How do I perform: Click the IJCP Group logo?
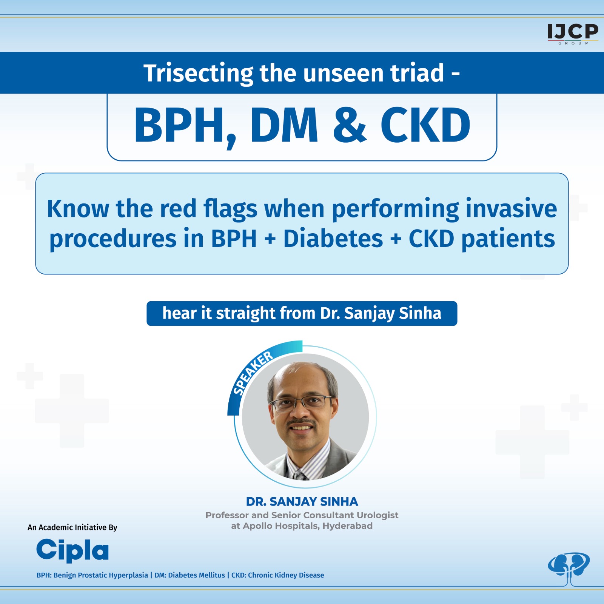tap(573, 33)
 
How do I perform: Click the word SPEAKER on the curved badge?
tap(253, 373)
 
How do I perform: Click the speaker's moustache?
tap(301, 421)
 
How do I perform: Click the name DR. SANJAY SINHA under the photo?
tap(302, 501)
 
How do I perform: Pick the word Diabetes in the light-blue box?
tap(333, 239)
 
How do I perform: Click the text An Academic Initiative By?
tap(72, 527)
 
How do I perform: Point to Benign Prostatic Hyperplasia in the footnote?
tap(101, 575)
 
